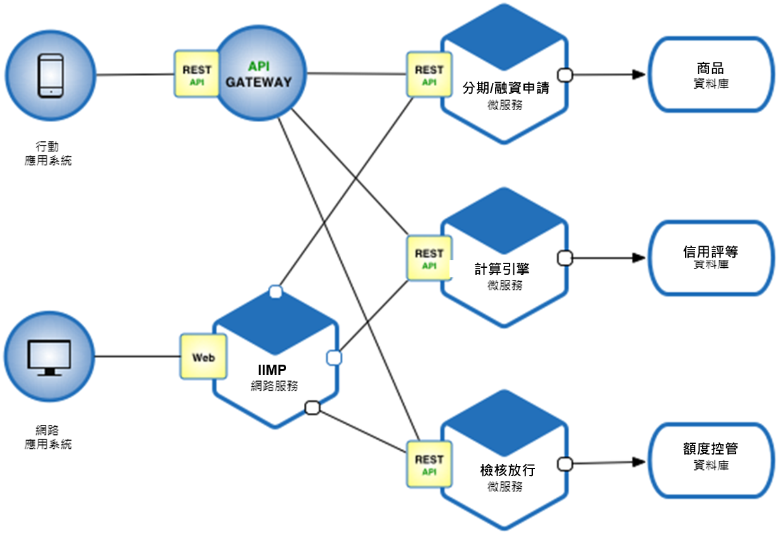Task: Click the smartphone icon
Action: [x=51, y=75]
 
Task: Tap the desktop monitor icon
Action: [x=49, y=358]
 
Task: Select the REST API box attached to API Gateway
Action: [x=197, y=74]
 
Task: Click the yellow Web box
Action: [x=204, y=357]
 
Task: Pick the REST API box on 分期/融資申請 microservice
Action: [x=429, y=74]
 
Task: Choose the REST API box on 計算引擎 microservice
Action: [x=429, y=258]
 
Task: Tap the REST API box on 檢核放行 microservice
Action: [x=429, y=465]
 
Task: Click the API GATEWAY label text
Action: [x=259, y=74]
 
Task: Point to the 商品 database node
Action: [x=711, y=74]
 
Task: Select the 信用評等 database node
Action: [x=711, y=258]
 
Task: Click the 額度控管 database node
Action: [x=711, y=460]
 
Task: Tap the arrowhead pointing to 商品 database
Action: [x=639, y=74]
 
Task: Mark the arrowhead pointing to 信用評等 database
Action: [x=639, y=258]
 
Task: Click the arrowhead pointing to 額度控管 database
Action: [x=639, y=462]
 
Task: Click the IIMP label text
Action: [x=272, y=370]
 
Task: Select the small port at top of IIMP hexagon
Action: [x=276, y=292]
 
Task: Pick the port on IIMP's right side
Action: [x=334, y=358]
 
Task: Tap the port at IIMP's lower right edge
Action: [x=312, y=408]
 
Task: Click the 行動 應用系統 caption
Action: [x=48, y=154]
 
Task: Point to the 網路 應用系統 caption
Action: [x=48, y=437]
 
